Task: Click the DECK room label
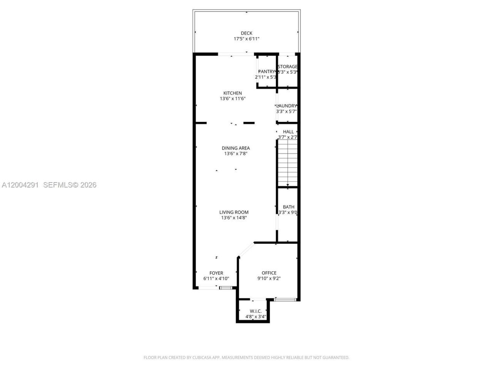pos(246,33)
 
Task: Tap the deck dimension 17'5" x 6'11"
pos(246,39)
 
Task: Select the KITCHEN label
pos(233,93)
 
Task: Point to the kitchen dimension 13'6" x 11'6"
pos(233,99)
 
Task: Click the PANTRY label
pos(266,71)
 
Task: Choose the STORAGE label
pos(287,67)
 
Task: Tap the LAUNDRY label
pos(287,106)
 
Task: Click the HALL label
pos(288,131)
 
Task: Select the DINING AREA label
pos(236,148)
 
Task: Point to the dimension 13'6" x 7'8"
pos(236,154)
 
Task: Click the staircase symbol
pos(288,163)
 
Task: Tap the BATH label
pos(288,207)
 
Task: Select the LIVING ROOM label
pos(234,212)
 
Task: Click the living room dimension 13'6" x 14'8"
pos(234,218)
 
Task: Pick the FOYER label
pos(216,273)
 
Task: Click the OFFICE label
pos(269,273)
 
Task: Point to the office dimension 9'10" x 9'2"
pos(269,279)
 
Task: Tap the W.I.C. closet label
pos(256,311)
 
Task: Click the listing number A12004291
pos(20,185)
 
